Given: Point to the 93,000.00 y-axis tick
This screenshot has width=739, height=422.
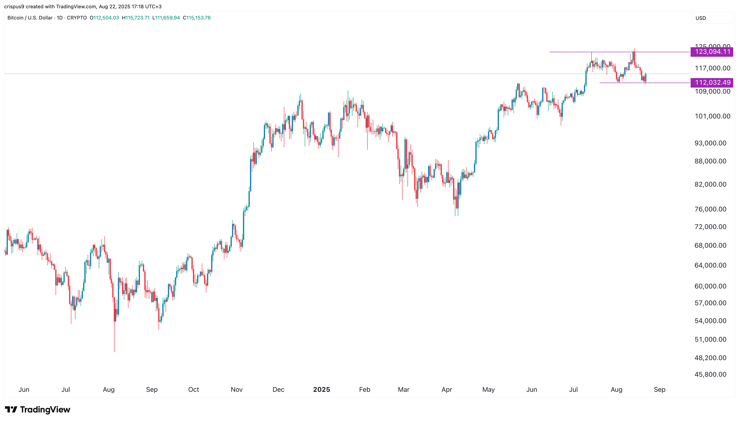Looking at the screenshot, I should [x=710, y=143].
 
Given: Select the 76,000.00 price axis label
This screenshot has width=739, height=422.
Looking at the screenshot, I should [x=710, y=209].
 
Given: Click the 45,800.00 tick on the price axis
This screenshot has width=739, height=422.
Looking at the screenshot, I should [x=710, y=374].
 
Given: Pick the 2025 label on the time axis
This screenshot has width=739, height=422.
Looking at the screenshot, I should [x=322, y=389].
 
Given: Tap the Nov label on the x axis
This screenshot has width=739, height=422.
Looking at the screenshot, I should [x=236, y=389].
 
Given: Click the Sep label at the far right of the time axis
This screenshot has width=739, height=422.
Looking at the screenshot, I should [x=659, y=389].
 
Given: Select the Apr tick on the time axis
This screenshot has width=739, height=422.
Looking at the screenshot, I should [x=446, y=389].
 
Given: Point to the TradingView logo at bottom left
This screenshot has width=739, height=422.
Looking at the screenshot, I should [x=38, y=410].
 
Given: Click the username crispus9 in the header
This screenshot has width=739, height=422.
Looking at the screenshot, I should [x=14, y=6].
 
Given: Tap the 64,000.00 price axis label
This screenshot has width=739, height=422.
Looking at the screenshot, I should [x=710, y=265].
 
